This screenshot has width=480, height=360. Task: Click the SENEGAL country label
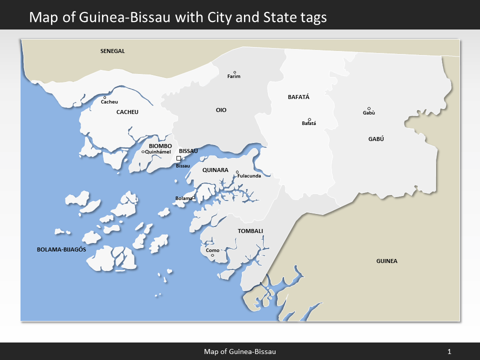[x=112, y=51]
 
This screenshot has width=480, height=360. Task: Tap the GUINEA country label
[x=386, y=261]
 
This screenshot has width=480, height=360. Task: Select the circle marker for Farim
[x=234, y=72]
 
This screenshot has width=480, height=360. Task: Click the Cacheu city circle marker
[x=104, y=97]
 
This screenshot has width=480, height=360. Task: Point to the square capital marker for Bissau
[x=178, y=158]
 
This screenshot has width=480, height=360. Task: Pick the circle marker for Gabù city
[x=369, y=108]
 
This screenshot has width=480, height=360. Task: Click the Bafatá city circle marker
[x=309, y=119]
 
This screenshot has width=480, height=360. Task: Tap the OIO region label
[x=221, y=110]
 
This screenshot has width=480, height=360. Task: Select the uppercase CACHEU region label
[x=127, y=112]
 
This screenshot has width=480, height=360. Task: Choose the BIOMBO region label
[x=160, y=146]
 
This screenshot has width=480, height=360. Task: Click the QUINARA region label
[x=215, y=170]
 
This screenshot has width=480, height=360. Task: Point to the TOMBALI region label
[x=250, y=231]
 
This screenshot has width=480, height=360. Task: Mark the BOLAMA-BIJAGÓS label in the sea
[x=62, y=249]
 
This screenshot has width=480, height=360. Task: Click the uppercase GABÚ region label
[x=376, y=139]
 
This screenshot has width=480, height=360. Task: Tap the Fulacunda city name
[x=249, y=176]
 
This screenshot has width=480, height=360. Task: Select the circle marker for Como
[x=212, y=255]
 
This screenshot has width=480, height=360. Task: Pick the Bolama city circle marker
[x=193, y=198]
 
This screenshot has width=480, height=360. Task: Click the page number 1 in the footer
[x=449, y=351]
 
